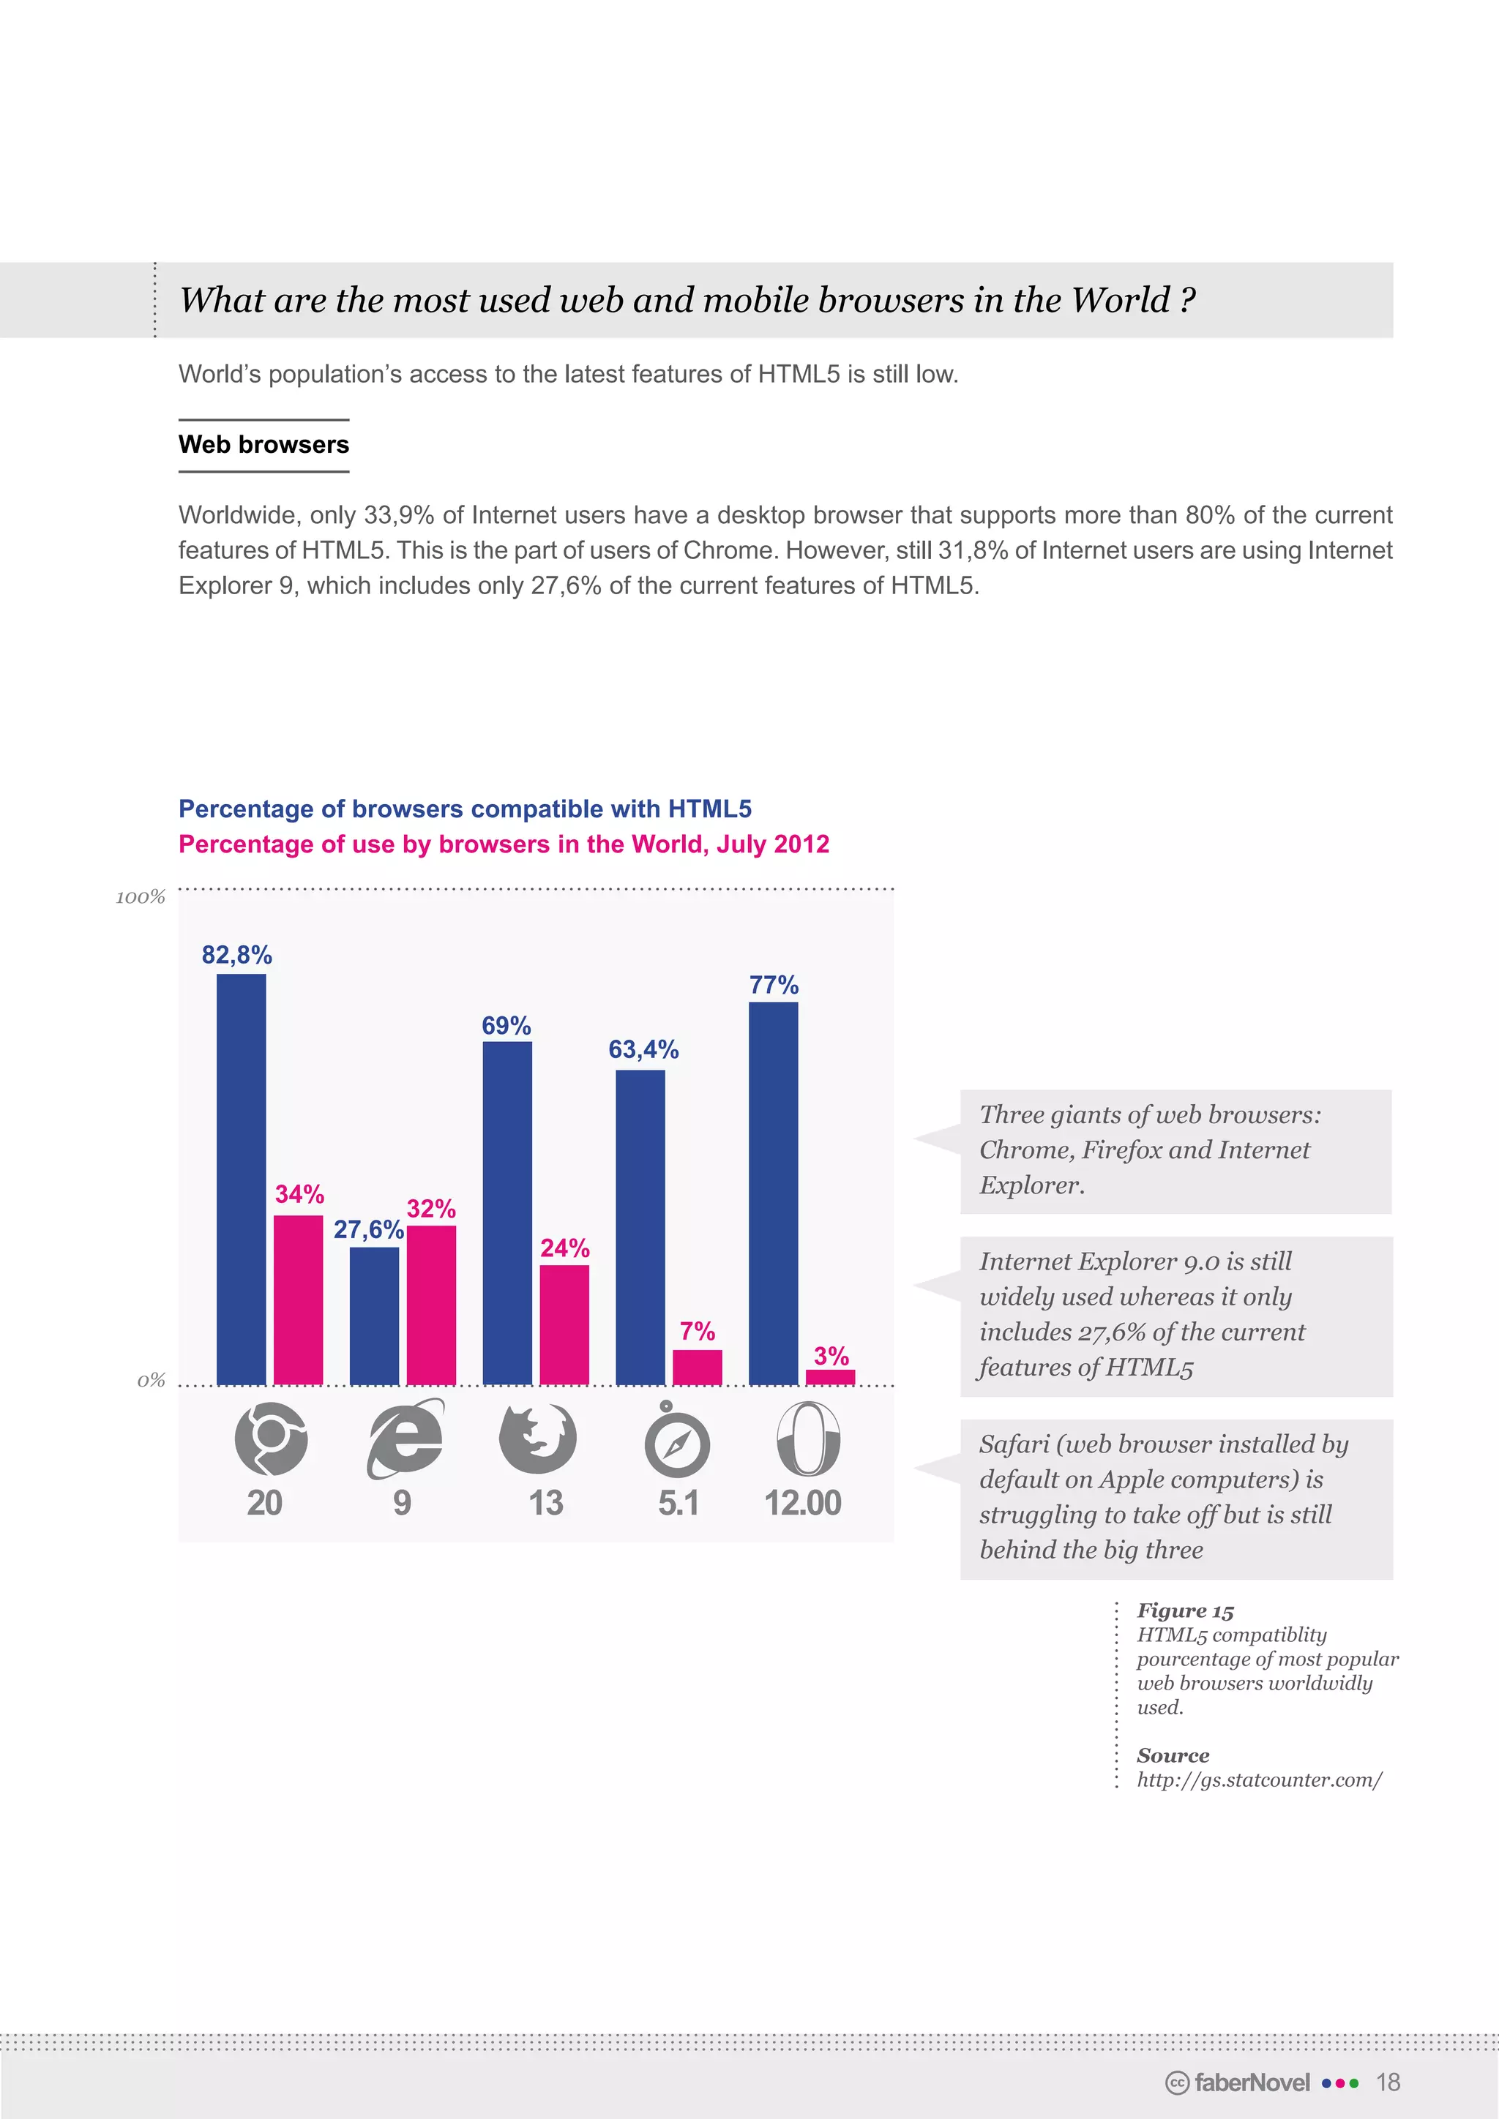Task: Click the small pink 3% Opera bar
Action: [830, 1377]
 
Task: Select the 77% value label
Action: [774, 985]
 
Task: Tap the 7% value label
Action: [697, 1331]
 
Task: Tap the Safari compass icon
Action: [676, 1441]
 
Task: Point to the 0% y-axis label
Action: [151, 1381]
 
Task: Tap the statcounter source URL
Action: [1259, 1779]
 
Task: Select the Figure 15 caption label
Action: [1185, 1610]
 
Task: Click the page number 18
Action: [1387, 2082]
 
